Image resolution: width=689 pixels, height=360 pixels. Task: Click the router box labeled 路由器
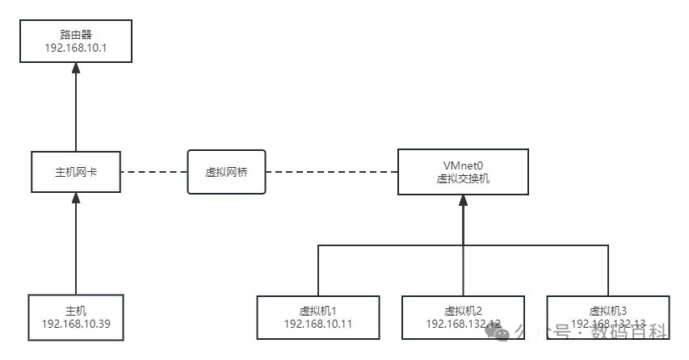[75, 42]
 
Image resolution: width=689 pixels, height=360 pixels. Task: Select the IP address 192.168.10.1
[75, 49]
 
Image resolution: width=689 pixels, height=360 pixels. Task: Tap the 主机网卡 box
[76, 171]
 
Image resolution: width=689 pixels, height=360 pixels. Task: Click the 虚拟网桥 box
[226, 171]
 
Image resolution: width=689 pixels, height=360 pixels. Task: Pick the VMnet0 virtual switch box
[463, 171]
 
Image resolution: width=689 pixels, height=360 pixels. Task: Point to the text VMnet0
[463, 164]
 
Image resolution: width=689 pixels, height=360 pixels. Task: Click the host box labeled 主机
[75, 316]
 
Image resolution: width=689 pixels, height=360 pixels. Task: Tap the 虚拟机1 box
[317, 316]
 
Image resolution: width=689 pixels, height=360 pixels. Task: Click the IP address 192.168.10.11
[317, 324]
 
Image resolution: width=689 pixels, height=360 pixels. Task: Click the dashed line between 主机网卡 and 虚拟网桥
[153, 171]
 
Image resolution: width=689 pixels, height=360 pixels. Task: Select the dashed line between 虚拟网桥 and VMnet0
[331, 171]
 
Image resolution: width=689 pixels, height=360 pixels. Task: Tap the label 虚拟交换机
[463, 178]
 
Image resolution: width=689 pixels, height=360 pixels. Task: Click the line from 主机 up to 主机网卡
[75, 250]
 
